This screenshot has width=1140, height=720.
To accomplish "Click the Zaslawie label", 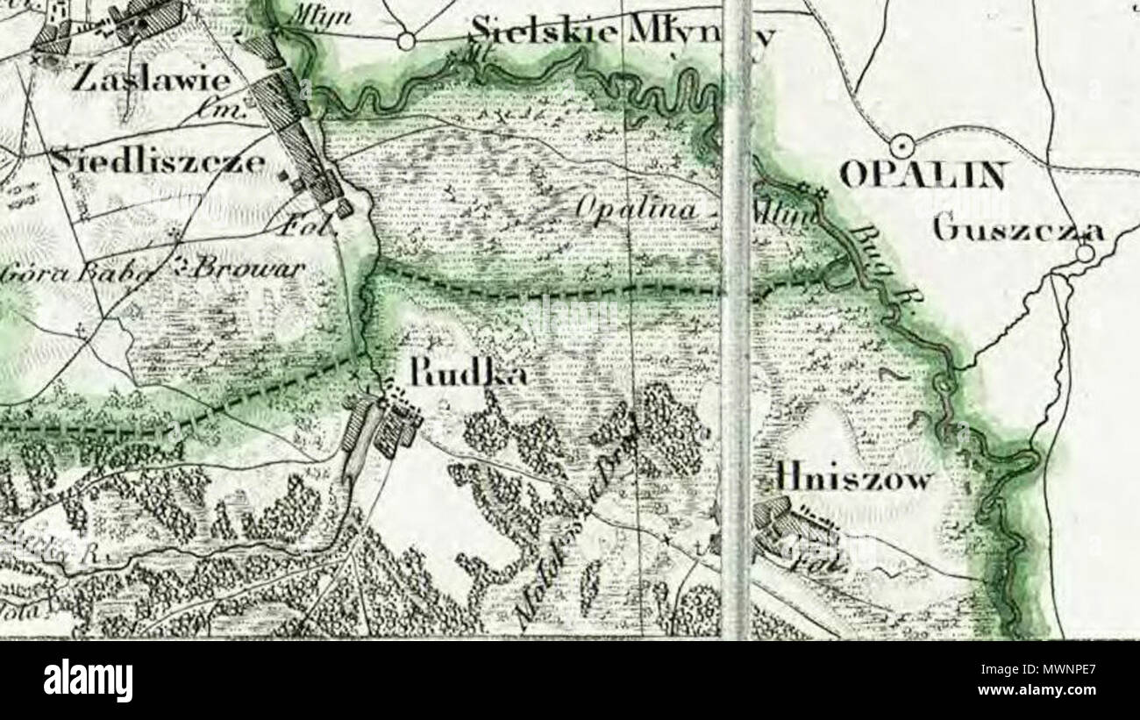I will coord(151,82).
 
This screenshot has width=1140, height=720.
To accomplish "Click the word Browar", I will coord(238,267).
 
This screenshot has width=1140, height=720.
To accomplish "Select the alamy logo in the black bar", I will coord(88,680).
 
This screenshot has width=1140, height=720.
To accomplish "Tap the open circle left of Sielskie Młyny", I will coord(405,39).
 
